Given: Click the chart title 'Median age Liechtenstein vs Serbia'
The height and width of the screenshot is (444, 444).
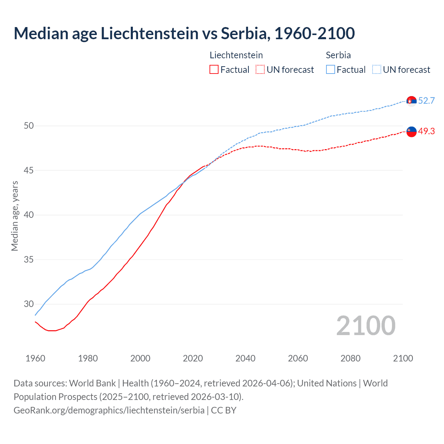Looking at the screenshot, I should [184, 34].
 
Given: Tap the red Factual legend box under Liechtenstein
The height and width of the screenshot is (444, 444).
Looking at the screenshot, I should [214, 70].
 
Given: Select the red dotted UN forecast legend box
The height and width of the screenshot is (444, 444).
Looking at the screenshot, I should [260, 70].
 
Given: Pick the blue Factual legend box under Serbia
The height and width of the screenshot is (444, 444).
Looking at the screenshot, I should [331, 70].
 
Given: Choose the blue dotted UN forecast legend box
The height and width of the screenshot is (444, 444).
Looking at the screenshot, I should [377, 70].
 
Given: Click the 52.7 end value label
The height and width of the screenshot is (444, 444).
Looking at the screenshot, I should [426, 101].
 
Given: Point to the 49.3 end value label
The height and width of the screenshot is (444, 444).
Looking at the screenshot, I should [426, 131].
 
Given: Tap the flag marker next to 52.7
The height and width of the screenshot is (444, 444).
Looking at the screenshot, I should [411, 101].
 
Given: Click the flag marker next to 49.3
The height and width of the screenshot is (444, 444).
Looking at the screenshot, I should [411, 132].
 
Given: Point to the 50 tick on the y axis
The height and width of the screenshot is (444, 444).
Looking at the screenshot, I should [29, 126].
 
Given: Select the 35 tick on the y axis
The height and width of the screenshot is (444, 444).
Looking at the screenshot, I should [29, 259].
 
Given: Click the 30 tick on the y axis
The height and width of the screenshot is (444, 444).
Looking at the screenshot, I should [29, 304].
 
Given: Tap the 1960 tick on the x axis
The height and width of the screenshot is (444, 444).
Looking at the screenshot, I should [35, 358].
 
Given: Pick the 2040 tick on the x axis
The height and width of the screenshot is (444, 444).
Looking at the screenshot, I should [245, 358].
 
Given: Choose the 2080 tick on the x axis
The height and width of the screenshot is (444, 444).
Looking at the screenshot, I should [350, 358].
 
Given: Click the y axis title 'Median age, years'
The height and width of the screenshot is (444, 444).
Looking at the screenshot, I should [15, 216].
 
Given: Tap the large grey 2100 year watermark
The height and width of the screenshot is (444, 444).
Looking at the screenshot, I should [366, 326].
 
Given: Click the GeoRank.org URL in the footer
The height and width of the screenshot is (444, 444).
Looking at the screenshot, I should [109, 410].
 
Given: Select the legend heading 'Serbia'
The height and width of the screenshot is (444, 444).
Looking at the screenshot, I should [338, 55].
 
